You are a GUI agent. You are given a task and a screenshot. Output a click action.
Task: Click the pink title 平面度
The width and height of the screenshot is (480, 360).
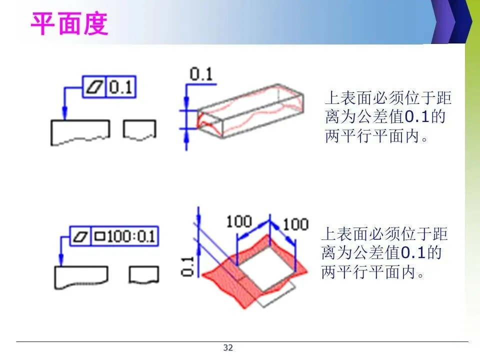(x=70, y=24)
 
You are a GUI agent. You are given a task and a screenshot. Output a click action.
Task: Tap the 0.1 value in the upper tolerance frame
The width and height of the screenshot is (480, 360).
(x=120, y=87)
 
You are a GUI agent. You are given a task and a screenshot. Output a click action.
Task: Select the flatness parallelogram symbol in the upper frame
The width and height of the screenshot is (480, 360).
(x=95, y=87)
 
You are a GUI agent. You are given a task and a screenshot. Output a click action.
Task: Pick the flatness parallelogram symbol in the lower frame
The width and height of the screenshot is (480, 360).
(x=79, y=235)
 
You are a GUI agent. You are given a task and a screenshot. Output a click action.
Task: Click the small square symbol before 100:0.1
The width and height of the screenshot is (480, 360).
(x=99, y=235)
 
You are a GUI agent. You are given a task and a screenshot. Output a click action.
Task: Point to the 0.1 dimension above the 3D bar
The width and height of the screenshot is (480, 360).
(x=201, y=75)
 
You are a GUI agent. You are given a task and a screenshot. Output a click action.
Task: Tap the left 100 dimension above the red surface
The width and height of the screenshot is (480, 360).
(x=239, y=221)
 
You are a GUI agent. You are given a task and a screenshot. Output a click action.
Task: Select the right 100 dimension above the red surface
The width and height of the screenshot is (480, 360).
(x=295, y=223)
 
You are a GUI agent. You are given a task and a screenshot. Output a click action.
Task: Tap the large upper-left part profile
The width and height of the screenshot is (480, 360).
(x=80, y=132)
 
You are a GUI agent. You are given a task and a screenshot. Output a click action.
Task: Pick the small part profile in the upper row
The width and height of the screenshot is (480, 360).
(x=139, y=129)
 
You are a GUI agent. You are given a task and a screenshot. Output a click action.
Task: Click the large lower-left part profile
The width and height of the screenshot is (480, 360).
(x=80, y=277)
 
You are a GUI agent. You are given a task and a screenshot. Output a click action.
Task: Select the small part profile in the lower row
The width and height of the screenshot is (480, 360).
(x=144, y=274)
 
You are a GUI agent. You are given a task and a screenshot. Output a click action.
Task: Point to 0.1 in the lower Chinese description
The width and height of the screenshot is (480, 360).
(x=410, y=254)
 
